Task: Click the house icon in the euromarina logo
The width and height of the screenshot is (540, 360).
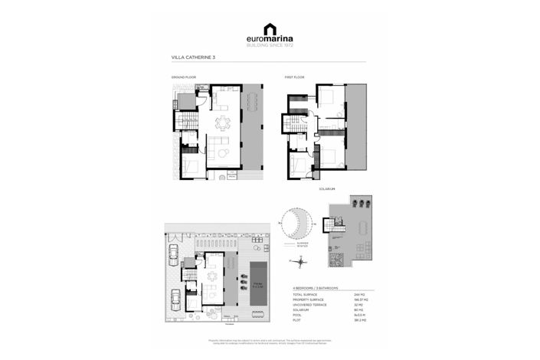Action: [x=270, y=30]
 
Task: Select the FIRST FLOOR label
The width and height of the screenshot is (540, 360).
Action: [x=295, y=78]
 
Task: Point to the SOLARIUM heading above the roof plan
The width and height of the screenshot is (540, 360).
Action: [x=329, y=188]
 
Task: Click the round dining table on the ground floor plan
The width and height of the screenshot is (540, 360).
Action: [x=222, y=123]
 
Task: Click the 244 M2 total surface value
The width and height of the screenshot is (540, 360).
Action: [x=357, y=295]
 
